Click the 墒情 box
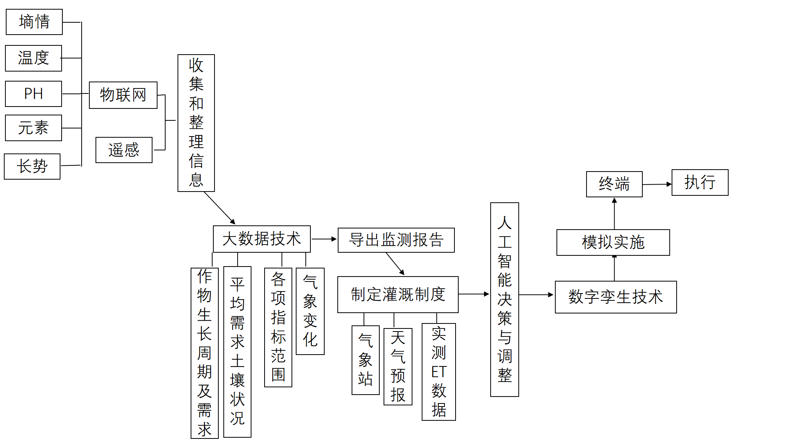click(x=34, y=22)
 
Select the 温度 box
click(x=34, y=58)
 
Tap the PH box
click(x=34, y=94)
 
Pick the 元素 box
click(x=34, y=128)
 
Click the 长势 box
click(x=32, y=167)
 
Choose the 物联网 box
click(x=123, y=95)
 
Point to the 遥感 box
click(x=124, y=150)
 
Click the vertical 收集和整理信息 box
click(x=196, y=123)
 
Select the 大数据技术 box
click(x=262, y=239)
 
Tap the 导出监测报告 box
click(x=396, y=240)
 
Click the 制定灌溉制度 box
click(x=398, y=295)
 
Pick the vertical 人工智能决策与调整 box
click(x=504, y=299)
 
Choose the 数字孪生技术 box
click(x=616, y=297)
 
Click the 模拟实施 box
click(x=613, y=242)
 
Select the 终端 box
click(x=614, y=184)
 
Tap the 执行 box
click(x=700, y=183)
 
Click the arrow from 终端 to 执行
click(x=657, y=185)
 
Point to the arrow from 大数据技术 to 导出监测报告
click(x=324, y=239)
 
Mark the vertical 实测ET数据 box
click(x=439, y=372)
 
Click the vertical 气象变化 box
click(x=310, y=311)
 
